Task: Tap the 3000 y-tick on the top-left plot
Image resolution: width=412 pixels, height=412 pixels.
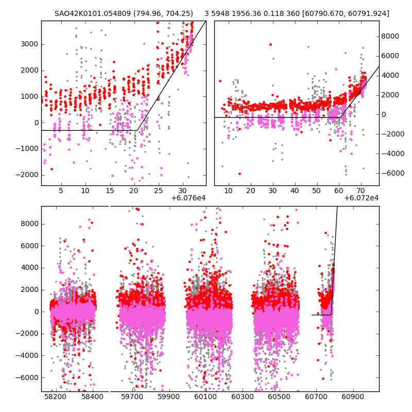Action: pos(30,44)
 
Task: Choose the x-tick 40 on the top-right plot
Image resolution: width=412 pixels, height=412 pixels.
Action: pos(295,191)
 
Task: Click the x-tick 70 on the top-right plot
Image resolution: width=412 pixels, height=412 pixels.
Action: pos(361,191)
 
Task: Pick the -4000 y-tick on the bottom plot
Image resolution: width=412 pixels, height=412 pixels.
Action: pos(28,355)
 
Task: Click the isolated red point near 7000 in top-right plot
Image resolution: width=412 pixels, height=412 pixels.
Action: pos(270,44)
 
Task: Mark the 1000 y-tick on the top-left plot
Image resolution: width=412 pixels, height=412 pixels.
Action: pos(30,96)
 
